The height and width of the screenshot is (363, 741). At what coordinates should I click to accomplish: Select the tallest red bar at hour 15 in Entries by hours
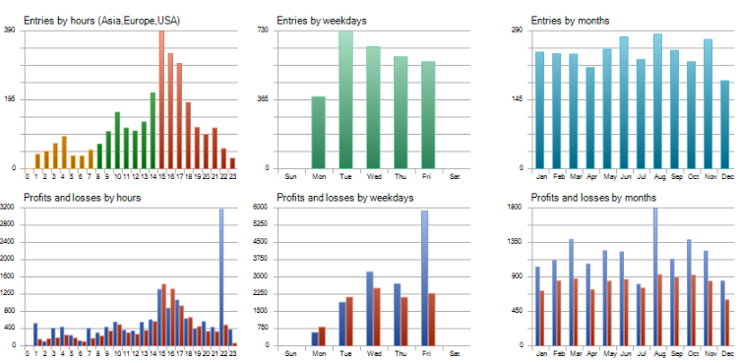coord(161,98)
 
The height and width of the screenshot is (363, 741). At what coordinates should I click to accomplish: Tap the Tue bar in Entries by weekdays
coord(345,98)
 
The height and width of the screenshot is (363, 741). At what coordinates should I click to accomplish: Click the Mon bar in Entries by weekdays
coord(318,132)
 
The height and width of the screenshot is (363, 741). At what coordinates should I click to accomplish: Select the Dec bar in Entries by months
coord(725,124)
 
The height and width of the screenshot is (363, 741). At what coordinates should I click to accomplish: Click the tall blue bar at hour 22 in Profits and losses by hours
coord(221,275)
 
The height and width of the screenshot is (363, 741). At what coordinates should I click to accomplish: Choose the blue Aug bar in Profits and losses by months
coord(654,275)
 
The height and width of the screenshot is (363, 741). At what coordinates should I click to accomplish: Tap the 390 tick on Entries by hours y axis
coord(10,30)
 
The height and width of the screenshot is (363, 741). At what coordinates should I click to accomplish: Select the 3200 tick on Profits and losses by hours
coord(8,208)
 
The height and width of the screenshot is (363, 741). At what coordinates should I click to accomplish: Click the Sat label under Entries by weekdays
coord(453,177)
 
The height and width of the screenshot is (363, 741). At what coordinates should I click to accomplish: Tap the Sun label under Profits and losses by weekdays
coord(290,354)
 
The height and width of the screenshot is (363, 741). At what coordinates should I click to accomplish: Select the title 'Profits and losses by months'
coord(581,198)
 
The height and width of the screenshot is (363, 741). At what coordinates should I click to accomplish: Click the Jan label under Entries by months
coord(540,177)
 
